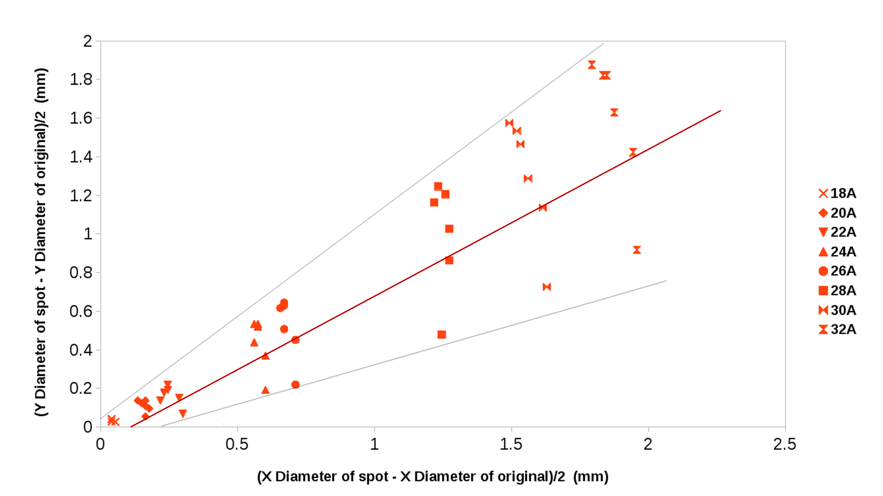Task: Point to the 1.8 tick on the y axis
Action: point(81,79)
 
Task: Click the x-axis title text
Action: point(433,476)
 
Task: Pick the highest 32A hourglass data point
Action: point(592,65)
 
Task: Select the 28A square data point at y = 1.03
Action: point(449,229)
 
